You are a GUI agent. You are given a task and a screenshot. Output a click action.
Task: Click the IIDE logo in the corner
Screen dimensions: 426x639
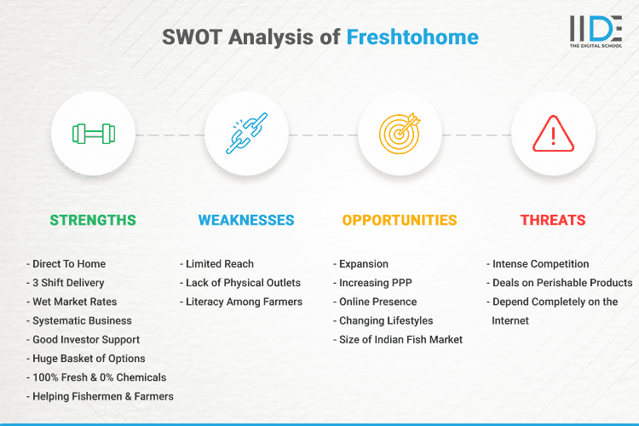tap(595, 32)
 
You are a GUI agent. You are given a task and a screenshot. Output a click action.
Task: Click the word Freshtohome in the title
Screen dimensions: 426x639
tap(412, 37)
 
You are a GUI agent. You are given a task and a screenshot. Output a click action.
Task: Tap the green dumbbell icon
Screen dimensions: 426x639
tap(93, 134)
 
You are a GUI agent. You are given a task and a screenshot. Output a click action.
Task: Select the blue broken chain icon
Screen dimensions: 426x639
tap(246, 134)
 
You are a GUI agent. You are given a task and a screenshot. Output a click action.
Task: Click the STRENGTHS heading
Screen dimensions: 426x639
tap(93, 220)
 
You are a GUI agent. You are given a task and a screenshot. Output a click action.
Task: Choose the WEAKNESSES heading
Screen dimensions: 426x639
tap(246, 220)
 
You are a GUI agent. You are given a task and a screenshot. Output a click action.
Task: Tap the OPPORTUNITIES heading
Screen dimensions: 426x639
tap(400, 220)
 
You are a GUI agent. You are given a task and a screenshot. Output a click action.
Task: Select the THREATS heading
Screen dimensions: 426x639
tap(553, 220)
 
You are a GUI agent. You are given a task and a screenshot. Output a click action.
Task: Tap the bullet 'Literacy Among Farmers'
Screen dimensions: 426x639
tap(242, 302)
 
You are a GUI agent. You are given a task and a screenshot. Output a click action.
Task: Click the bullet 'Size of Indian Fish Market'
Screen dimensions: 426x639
tap(400, 340)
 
